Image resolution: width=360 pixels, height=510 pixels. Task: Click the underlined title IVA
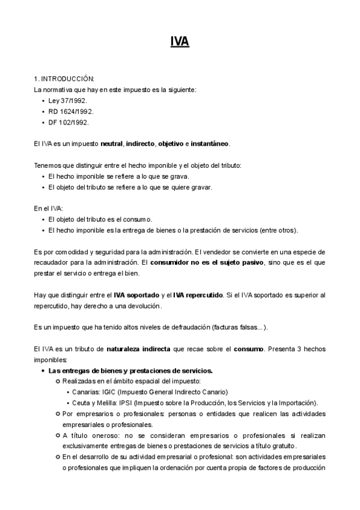coord(180,41)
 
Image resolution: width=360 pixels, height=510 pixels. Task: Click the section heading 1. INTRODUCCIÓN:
coord(64,79)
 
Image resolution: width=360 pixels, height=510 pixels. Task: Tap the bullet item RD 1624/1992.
coord(71,111)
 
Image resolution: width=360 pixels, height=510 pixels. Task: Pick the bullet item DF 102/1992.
coord(69,122)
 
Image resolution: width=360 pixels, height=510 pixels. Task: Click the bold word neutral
coord(112,144)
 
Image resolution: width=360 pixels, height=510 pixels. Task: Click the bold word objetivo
coord(171,144)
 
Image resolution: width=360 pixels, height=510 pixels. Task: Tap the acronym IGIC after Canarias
coord(109,392)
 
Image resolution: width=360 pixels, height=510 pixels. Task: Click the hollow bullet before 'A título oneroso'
coord(58,435)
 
